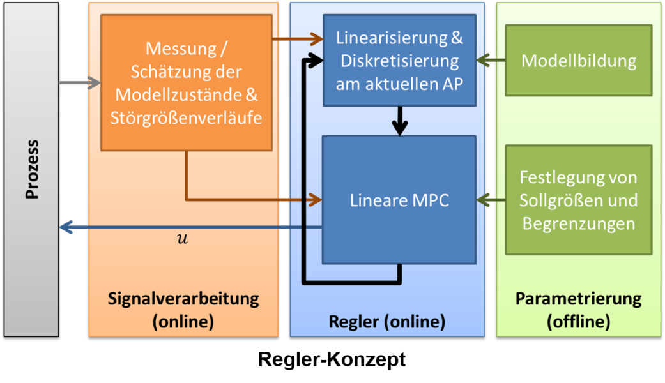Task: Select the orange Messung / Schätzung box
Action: point(186,82)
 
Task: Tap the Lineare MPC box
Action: point(399,200)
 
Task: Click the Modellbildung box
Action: point(578,61)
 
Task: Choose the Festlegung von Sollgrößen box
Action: point(578,200)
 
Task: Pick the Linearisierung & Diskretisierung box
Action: point(399,61)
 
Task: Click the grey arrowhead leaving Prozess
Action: point(95,83)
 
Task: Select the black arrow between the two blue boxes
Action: point(400,121)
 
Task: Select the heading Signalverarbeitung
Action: point(183,298)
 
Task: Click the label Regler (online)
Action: point(386,321)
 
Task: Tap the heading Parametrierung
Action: point(578,298)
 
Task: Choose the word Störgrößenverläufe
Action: point(186,119)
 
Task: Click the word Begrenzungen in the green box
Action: point(578,224)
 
